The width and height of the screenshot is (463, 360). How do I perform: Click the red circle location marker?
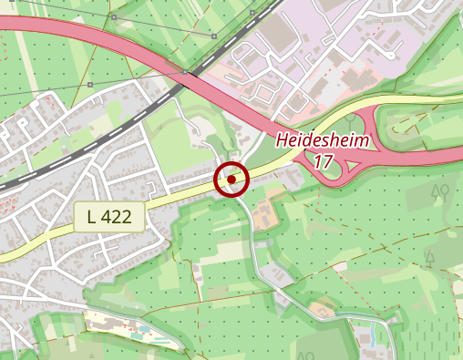pyautogui.click(x=231, y=180)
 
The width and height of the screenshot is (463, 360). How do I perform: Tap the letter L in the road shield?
pyautogui.click(x=93, y=217)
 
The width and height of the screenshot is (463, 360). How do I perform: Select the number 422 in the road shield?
pyautogui.click(x=118, y=217)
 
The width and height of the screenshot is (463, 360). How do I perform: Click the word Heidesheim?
pyautogui.click(x=321, y=141)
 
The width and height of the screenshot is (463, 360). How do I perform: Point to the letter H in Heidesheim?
pyautogui.click(x=282, y=141)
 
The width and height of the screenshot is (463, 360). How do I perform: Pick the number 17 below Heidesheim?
pyautogui.click(x=321, y=161)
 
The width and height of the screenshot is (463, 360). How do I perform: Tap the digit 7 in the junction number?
pyautogui.click(x=325, y=161)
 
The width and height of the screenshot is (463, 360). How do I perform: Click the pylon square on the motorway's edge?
pyautogui.click(x=185, y=70)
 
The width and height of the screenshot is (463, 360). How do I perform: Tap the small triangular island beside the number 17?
pyautogui.click(x=352, y=166)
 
